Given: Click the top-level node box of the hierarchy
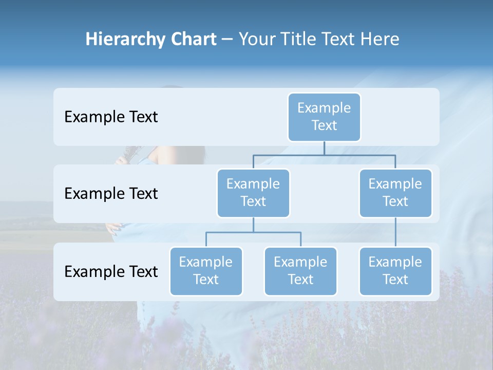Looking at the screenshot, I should pos(324,117).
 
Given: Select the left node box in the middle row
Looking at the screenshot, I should pos(253,193).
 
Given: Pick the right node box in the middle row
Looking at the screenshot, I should pos(395,193).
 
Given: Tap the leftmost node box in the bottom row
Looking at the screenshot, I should pos(206,271).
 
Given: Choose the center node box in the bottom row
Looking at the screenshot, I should pos(300,271).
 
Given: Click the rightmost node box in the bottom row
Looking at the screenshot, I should pos(395,271).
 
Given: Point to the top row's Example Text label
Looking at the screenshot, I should pos(111,117).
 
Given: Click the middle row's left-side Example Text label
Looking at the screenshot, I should pos(111,194).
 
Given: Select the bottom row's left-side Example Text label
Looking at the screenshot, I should pos(111,272).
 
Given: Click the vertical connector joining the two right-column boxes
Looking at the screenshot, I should pos(395,232).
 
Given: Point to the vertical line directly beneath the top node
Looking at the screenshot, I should pos(324,148).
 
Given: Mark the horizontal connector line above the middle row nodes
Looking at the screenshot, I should pos(324,155).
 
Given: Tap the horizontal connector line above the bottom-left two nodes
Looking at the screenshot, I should pos(253,232).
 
